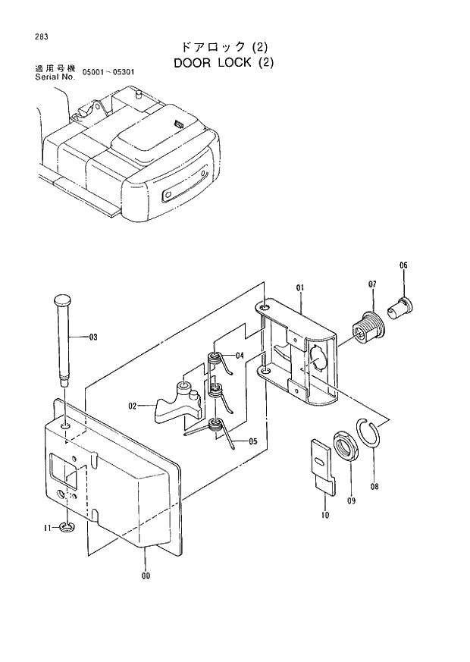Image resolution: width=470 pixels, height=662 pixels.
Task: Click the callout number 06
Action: [x=403, y=265]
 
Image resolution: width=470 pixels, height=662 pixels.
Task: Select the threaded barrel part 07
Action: [x=369, y=328]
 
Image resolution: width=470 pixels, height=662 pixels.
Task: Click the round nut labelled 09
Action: [x=346, y=445]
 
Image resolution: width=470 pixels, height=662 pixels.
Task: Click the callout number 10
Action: [x=324, y=515]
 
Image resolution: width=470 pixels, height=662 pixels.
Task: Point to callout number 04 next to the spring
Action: [x=240, y=355]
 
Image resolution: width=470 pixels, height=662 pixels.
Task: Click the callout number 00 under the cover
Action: [x=146, y=576]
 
